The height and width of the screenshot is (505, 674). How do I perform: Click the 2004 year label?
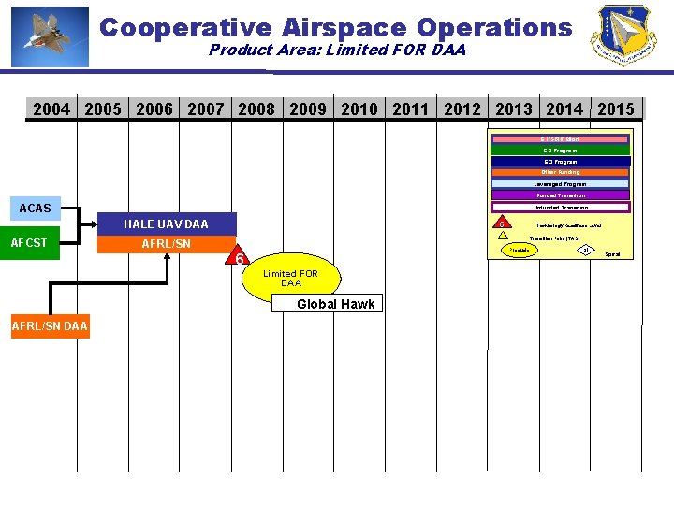[x=51, y=109]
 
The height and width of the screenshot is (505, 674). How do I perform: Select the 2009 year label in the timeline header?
[x=308, y=109]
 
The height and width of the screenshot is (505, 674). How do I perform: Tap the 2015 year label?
[x=615, y=109]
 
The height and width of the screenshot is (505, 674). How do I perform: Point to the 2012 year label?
[x=462, y=109]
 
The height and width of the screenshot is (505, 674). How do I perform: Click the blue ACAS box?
[x=36, y=208]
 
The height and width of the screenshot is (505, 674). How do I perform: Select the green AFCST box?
[x=29, y=243]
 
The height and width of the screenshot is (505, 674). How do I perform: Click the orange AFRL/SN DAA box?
[x=50, y=326]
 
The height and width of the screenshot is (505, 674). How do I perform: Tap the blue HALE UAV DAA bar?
[x=167, y=224]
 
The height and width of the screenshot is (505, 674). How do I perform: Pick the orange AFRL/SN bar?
[x=167, y=244]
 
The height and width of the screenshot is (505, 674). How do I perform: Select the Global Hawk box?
[x=335, y=304]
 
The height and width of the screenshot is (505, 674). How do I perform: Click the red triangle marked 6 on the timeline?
[x=240, y=259]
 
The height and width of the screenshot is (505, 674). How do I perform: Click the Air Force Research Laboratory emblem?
[x=623, y=36]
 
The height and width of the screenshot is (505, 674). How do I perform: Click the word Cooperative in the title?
[x=176, y=27]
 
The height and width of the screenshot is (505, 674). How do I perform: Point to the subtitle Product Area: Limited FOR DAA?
[x=336, y=50]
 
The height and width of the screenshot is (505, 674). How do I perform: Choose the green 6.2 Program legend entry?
[x=560, y=150]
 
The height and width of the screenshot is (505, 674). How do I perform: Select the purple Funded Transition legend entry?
[x=560, y=195]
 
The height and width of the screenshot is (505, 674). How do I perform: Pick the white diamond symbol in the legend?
[x=585, y=250]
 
